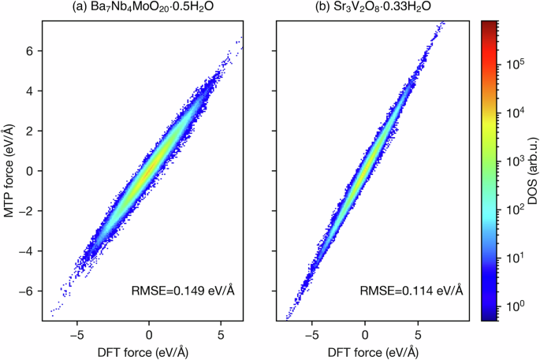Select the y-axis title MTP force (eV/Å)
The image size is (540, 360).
[10, 171]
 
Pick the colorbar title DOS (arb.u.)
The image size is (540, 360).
[531, 171]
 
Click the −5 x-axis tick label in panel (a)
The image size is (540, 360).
[76, 333]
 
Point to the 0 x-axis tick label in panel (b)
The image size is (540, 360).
[365, 333]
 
